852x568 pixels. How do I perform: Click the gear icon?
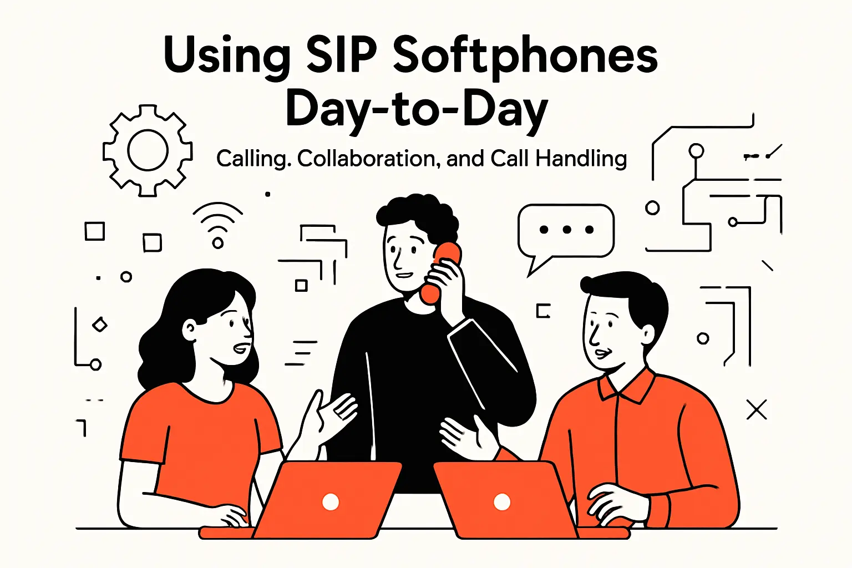tap(148, 150)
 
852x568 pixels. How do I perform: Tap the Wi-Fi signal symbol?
tap(218, 224)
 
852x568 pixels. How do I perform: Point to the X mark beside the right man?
tap(757, 410)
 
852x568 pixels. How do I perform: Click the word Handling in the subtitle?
tap(581, 159)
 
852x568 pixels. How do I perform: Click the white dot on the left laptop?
tap(331, 502)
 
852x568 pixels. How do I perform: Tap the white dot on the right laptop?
tap(502, 502)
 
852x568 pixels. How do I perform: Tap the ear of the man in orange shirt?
tap(647, 334)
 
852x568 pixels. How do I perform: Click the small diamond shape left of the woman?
tap(100, 324)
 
